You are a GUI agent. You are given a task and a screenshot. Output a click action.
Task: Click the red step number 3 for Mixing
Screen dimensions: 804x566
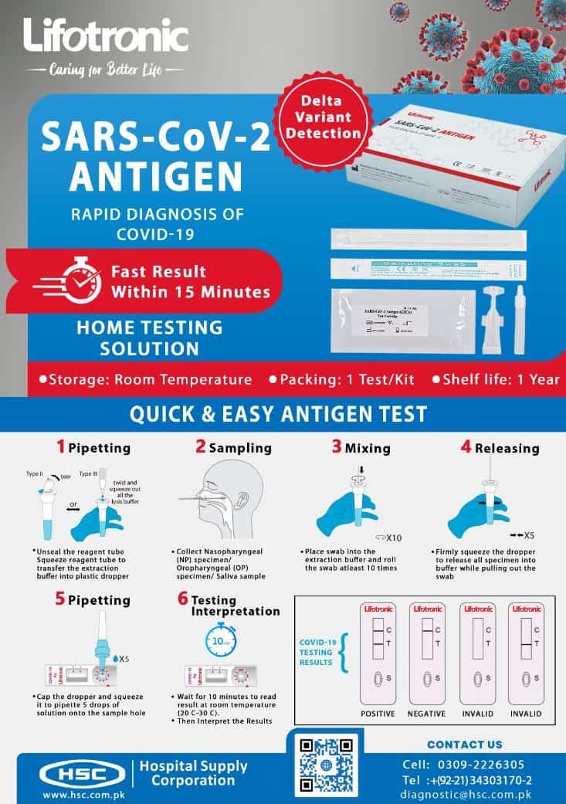336,446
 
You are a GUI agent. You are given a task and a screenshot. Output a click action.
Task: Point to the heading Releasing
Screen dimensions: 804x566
507,448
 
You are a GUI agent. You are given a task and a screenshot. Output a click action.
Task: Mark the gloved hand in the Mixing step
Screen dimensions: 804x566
340,514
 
